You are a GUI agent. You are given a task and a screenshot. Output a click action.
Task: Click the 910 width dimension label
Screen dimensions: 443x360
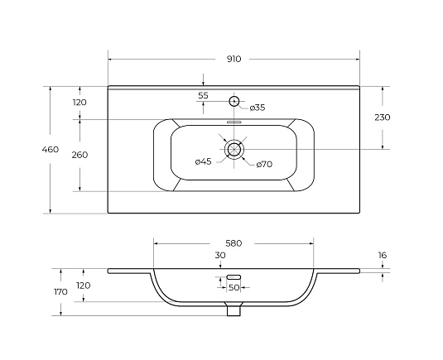click(x=234, y=59)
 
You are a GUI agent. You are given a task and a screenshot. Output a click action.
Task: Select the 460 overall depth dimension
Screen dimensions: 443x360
click(x=51, y=149)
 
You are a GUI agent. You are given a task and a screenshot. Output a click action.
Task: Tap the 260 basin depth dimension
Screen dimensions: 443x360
click(x=79, y=155)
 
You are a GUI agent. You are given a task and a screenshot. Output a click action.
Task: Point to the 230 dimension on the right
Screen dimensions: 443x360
click(x=383, y=118)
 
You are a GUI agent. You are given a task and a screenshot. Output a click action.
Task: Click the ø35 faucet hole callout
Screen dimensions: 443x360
click(x=258, y=108)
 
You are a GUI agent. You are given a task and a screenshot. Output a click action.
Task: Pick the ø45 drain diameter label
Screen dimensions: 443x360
click(x=204, y=161)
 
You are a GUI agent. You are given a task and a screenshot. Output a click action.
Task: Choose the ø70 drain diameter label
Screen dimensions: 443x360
click(x=264, y=164)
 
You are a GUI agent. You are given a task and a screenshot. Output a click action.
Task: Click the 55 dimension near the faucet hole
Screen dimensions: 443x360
click(x=203, y=95)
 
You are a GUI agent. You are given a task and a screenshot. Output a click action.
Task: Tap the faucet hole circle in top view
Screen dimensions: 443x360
click(x=234, y=101)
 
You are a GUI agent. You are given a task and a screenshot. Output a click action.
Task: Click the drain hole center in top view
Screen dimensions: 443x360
click(x=234, y=149)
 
